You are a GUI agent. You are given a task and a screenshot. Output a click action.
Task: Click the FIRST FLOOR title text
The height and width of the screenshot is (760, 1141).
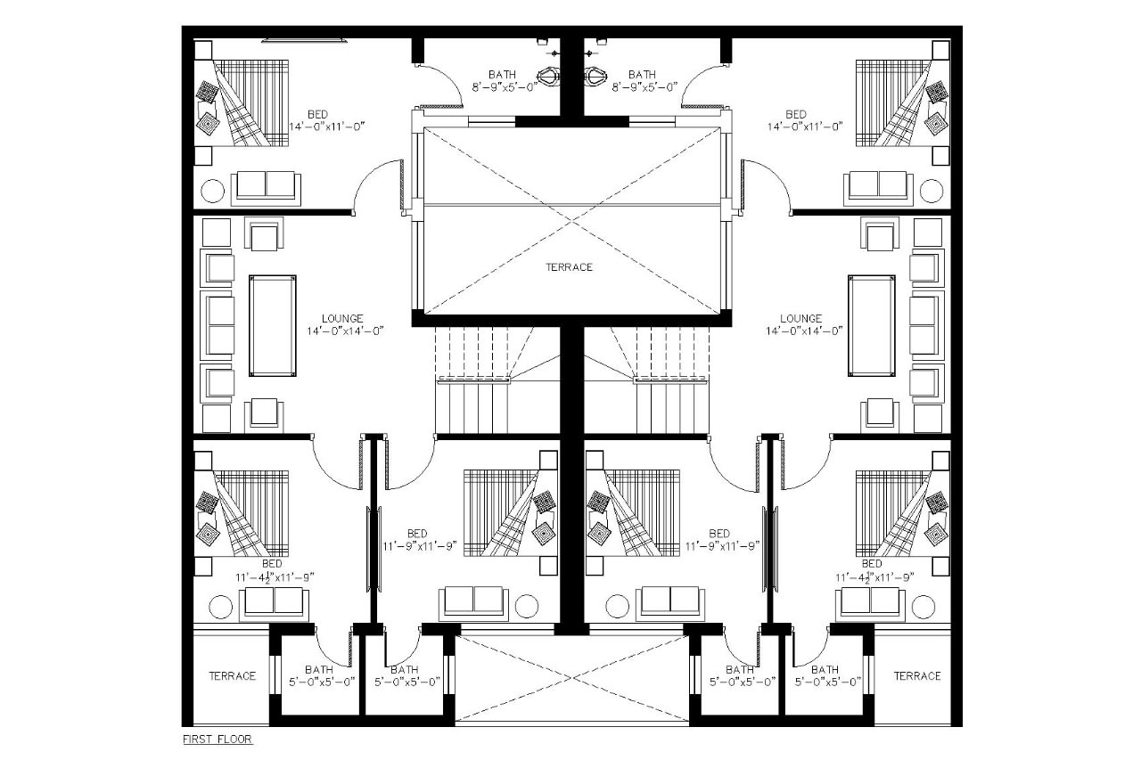pos(218,739)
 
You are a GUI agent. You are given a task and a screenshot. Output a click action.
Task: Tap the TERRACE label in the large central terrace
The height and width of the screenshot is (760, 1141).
pos(570,266)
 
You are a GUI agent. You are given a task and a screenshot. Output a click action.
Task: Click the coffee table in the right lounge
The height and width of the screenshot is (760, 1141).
pos(872,325)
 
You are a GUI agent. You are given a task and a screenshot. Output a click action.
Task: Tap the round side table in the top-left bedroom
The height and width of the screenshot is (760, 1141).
pos(212,190)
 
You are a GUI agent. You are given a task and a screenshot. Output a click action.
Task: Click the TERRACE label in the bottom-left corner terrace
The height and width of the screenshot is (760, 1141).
pos(232,675)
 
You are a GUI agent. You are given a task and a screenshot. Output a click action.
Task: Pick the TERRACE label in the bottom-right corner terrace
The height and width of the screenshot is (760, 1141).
pos(917,675)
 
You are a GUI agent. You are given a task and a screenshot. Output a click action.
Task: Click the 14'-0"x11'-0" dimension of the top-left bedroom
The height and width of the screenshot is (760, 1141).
pos(327,127)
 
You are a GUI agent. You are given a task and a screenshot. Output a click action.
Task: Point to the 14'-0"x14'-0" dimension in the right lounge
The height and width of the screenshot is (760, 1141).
pos(800,331)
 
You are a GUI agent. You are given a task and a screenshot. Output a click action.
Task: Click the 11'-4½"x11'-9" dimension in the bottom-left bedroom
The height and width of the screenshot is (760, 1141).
pos(274,576)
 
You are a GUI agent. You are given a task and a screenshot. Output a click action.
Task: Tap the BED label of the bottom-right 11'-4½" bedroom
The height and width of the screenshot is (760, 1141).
pos(872,564)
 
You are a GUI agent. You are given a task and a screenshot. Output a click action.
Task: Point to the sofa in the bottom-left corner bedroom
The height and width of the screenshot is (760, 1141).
pos(274,603)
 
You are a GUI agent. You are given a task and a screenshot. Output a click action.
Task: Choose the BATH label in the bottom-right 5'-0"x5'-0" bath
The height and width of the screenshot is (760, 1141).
pos(825,669)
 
